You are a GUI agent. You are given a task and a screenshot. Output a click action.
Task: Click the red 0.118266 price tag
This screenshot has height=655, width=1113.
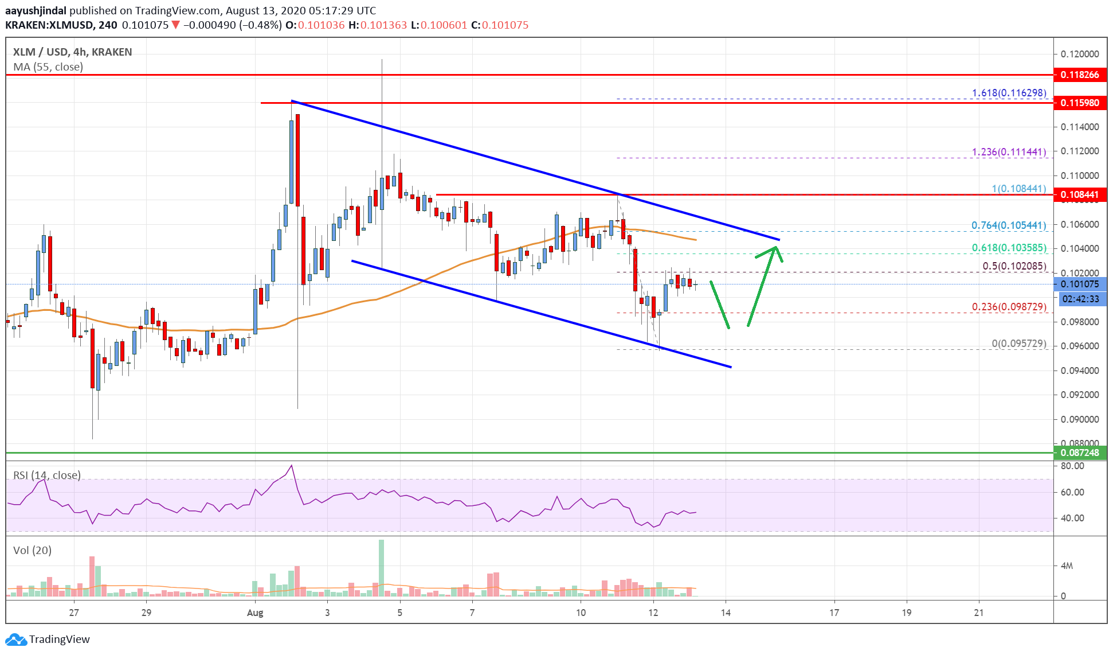point(1080,75)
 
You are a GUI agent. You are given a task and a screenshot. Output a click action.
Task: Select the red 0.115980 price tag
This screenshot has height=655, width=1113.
point(1080,103)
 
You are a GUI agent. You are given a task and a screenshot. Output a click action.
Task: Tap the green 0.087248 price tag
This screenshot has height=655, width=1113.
point(1080,453)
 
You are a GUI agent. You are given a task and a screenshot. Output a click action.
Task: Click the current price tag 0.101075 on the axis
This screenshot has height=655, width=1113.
point(1080,284)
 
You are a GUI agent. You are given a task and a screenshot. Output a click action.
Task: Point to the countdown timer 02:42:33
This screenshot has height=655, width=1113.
point(1080,299)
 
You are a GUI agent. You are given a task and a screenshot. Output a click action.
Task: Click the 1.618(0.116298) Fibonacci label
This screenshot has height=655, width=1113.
point(1009,93)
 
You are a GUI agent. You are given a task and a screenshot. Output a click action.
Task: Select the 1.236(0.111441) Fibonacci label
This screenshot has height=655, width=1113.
point(1009,152)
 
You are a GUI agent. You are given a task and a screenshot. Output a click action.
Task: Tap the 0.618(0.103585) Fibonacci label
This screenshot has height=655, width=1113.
point(1009,248)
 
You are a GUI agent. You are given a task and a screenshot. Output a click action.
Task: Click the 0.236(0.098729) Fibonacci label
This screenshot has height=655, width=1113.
point(1009,307)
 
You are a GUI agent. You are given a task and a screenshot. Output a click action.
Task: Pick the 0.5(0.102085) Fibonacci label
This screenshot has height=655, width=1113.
point(1014,266)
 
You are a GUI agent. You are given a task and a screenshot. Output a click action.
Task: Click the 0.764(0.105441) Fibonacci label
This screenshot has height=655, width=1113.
point(1009,225)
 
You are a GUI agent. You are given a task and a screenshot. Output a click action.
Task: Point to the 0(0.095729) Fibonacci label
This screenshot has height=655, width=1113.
point(1019,344)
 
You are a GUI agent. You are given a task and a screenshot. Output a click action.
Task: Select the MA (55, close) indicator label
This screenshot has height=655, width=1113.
point(48,67)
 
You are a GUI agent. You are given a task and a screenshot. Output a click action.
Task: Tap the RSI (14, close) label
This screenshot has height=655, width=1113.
point(47,475)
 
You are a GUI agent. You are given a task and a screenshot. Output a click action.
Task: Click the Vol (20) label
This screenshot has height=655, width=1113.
point(32,551)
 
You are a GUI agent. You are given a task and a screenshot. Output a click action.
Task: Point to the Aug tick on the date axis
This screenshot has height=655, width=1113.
point(255,613)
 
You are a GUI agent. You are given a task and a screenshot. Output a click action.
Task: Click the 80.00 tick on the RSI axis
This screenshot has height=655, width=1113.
point(1072,466)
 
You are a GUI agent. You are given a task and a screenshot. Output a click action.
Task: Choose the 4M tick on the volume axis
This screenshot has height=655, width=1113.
point(1067,566)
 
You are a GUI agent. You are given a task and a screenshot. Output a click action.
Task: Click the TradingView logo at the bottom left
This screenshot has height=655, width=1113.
point(48,639)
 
